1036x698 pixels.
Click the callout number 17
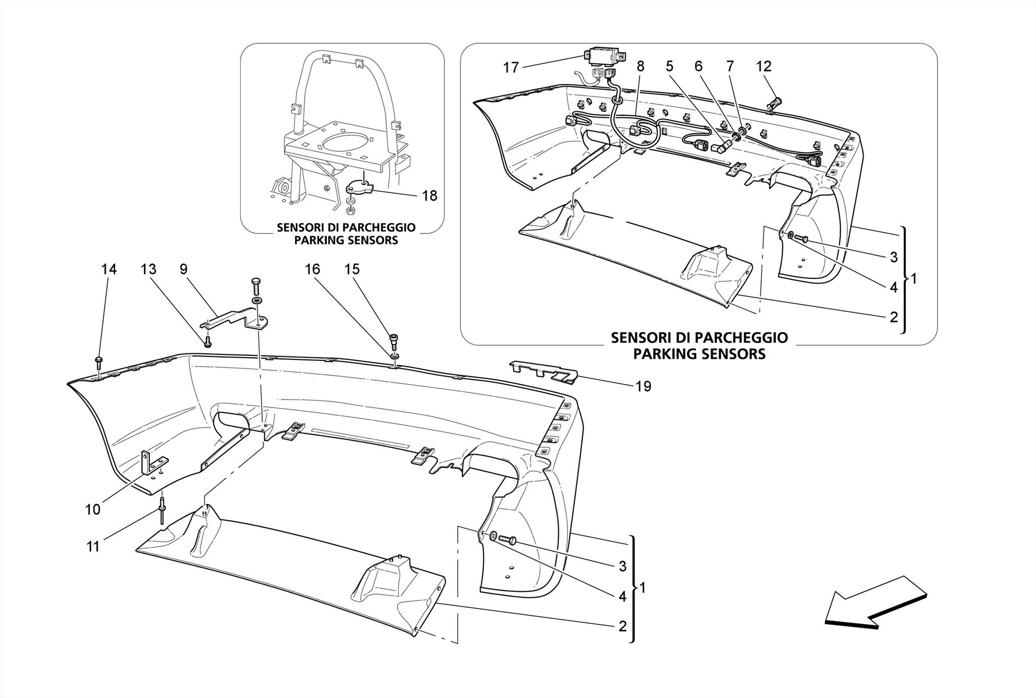tap(511, 67)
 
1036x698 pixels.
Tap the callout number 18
tap(429, 196)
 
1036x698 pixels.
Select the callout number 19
tap(643, 387)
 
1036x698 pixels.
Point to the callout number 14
tap(109, 269)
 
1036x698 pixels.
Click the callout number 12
tap(763, 66)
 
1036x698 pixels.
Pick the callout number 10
tap(93, 509)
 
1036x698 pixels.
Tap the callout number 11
tap(93, 547)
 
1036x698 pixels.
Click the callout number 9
tap(183, 269)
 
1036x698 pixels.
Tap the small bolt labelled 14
tap(99, 361)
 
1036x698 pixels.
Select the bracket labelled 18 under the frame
tap(359, 189)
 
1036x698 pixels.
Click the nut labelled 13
tap(207, 343)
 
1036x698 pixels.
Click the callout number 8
tap(640, 66)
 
